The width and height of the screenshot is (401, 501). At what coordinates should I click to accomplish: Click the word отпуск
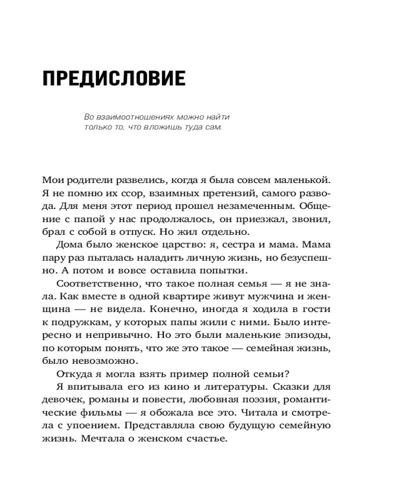coord(176,231)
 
